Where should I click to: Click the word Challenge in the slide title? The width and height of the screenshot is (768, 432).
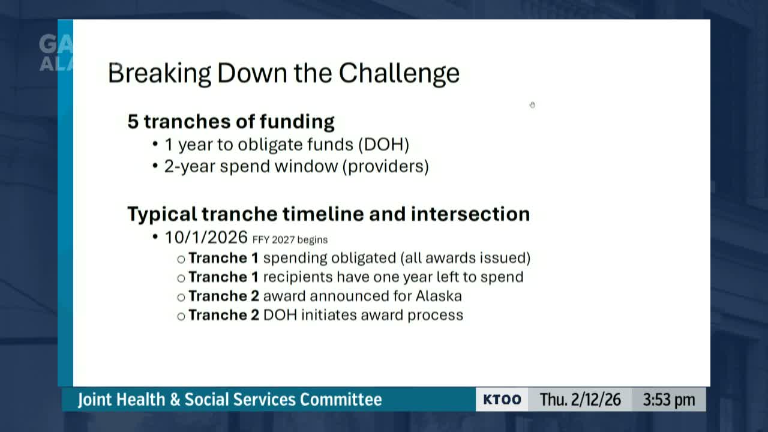[x=399, y=73]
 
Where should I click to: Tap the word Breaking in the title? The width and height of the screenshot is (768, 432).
[x=160, y=73]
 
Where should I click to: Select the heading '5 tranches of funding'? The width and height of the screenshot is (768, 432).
[x=231, y=121]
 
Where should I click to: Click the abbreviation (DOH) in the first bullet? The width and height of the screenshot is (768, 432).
[x=383, y=145]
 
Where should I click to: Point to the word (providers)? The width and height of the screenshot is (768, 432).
[x=386, y=167]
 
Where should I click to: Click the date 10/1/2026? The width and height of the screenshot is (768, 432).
[x=206, y=237]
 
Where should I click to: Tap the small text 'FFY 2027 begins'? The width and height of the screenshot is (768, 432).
[x=290, y=239]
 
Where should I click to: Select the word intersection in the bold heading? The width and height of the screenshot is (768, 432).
[x=470, y=214]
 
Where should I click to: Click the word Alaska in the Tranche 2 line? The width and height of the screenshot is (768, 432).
[x=439, y=296]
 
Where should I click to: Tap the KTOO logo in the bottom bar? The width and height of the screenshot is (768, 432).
[x=502, y=400]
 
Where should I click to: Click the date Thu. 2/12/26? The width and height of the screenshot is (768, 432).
[x=580, y=400]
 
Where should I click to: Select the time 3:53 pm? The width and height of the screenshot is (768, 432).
[x=669, y=400]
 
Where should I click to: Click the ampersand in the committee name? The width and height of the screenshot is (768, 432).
[x=175, y=400]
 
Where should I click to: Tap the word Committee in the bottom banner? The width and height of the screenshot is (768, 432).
[x=341, y=400]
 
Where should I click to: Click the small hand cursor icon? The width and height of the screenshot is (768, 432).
[x=532, y=105]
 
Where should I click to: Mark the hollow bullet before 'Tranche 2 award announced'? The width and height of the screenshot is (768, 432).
[x=181, y=297]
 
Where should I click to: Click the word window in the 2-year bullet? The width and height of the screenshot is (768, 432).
[x=306, y=166]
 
